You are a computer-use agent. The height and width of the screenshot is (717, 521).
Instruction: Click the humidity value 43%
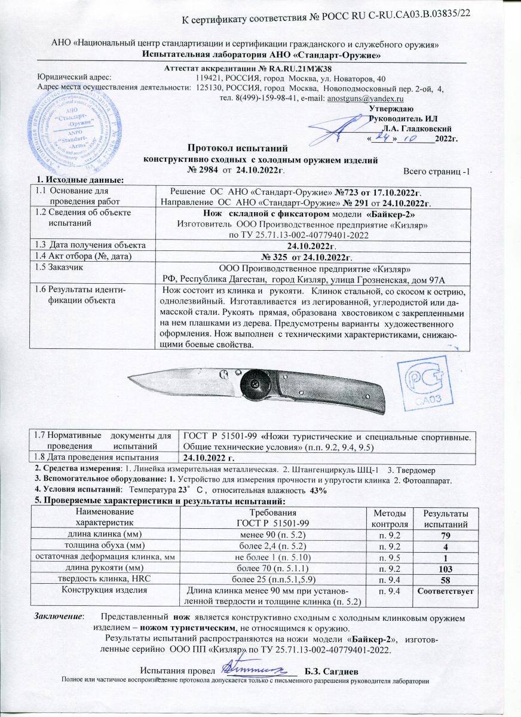point(316,490)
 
